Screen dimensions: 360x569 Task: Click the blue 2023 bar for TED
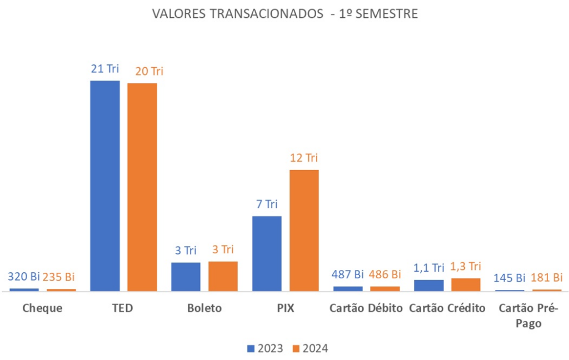tap(104, 186)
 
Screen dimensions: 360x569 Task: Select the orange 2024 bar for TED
tap(142, 187)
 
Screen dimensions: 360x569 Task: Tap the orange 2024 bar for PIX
tap(304, 230)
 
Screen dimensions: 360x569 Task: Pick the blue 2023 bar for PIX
tap(267, 253)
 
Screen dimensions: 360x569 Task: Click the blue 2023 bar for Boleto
tap(186, 277)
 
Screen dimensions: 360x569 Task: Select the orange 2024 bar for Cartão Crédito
tap(466, 284)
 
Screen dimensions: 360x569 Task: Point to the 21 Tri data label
tap(105, 69)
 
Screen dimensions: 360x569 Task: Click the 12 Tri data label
tap(304, 158)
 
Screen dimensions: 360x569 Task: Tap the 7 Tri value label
tap(267, 204)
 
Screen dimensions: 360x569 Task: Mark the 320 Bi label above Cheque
tap(24, 277)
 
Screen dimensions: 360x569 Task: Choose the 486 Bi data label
tap(385, 274)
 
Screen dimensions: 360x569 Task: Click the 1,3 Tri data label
tap(466, 266)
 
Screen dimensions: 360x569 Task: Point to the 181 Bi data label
tap(547, 277)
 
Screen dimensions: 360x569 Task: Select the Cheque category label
tap(42, 308)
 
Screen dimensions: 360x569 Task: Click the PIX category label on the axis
tap(285, 308)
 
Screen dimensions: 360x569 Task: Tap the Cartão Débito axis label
tap(366, 308)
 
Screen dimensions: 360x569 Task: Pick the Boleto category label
tap(204, 308)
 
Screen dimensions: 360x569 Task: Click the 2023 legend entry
tap(265, 348)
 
